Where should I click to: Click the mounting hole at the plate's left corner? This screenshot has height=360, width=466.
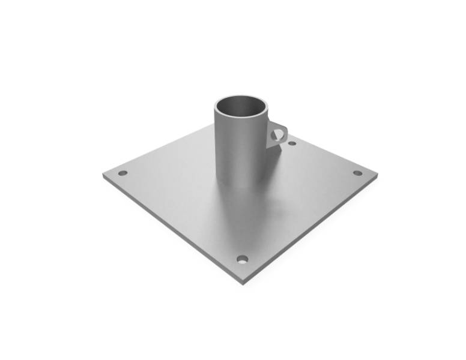click(x=123, y=173)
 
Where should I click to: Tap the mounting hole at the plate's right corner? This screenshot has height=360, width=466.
click(x=357, y=173)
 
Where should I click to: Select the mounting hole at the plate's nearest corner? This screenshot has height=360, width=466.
click(x=242, y=259)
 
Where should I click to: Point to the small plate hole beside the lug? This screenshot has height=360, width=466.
click(x=292, y=143)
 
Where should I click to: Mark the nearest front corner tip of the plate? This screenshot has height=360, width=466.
click(x=243, y=281)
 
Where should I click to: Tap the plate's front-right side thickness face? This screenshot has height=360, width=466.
click(x=312, y=231)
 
